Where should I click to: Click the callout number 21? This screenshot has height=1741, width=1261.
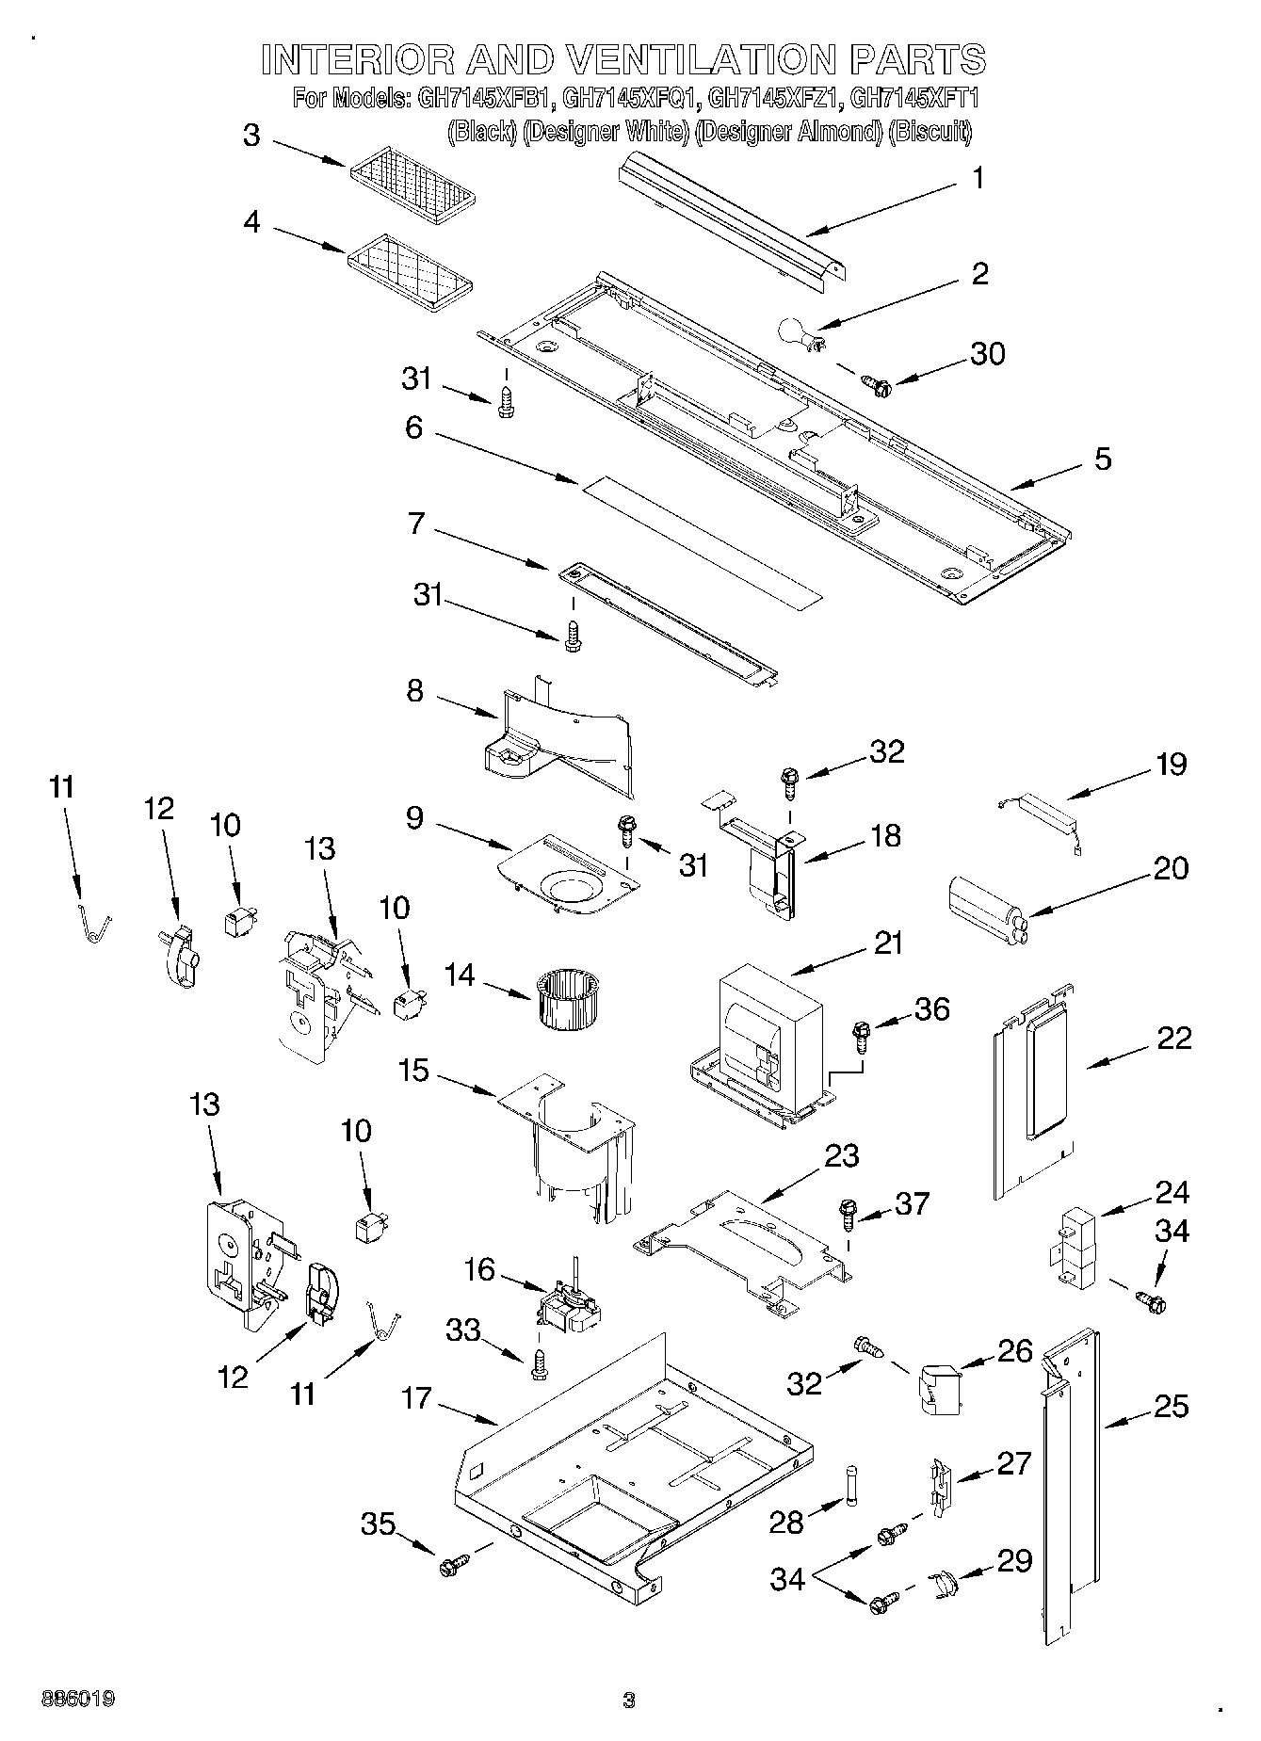(887, 942)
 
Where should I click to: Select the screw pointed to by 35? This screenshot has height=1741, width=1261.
(449, 1566)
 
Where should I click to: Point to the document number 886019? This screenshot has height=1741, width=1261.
(77, 1700)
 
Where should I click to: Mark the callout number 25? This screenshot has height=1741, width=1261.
(1170, 1406)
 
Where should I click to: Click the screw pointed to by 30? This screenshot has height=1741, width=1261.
(878, 383)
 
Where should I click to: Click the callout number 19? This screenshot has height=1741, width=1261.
(1172, 764)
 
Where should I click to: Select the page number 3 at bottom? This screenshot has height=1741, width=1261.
(629, 1700)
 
